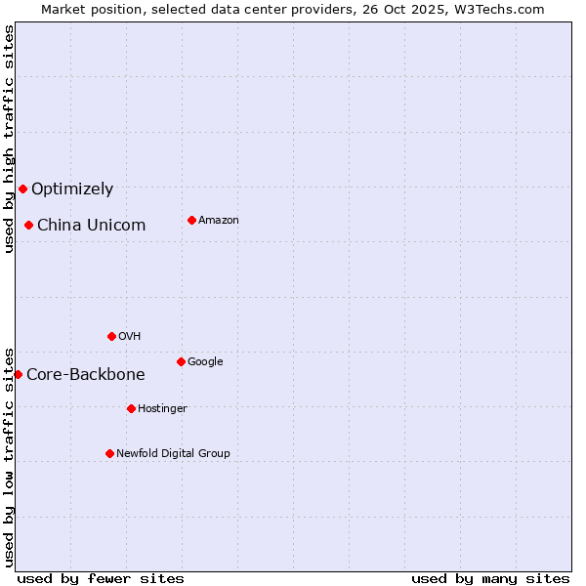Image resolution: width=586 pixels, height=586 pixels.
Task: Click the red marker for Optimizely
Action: [x=22, y=188]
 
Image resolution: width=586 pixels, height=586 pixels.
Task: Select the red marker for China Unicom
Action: [x=28, y=225]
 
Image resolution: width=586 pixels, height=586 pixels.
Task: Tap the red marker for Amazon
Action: [x=191, y=220]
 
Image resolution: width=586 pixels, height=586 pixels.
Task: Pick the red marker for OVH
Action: [x=111, y=336]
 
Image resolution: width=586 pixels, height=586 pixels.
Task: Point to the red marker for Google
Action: [x=181, y=361]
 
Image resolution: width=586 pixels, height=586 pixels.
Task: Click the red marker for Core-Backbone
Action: [x=18, y=374]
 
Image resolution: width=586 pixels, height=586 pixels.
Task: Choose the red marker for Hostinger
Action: [x=131, y=408]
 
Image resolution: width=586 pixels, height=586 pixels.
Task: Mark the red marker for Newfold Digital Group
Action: [x=109, y=453]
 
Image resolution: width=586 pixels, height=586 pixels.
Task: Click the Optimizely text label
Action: [x=72, y=189]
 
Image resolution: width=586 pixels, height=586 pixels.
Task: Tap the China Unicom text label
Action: [x=91, y=226]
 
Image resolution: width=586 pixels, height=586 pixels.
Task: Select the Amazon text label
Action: [x=219, y=221]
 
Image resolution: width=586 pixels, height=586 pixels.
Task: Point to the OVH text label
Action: [x=130, y=337]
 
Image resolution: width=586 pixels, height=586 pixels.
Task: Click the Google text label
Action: [x=205, y=362]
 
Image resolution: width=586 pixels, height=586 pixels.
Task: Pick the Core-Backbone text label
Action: [x=86, y=375]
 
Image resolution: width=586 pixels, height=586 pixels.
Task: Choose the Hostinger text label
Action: [x=162, y=409]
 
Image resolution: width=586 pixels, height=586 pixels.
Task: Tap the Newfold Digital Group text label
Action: [x=173, y=454]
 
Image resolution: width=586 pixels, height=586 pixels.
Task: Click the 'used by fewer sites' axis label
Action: [x=101, y=578]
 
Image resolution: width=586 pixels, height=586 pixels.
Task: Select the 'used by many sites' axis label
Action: [x=490, y=578]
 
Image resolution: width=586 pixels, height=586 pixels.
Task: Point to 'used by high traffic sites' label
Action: [x=9, y=139]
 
